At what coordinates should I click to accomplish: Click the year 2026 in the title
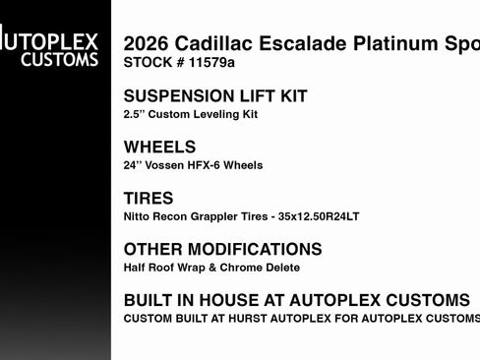(145, 45)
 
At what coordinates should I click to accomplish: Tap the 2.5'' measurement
(135, 114)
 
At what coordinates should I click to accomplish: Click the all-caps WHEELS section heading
(160, 148)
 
